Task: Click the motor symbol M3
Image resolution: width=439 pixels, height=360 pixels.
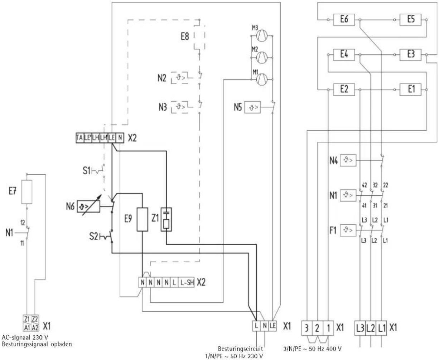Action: point(261,35)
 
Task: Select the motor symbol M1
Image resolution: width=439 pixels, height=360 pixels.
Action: point(261,78)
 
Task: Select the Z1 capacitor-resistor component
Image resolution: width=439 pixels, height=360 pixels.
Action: point(166,219)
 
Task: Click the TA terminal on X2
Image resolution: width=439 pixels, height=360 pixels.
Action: point(79,138)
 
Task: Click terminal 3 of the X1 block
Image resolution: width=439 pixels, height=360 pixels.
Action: point(308,328)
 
